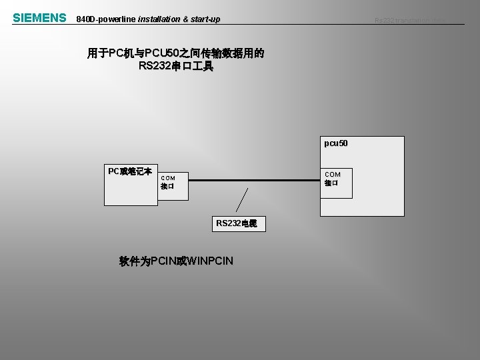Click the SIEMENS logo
39,18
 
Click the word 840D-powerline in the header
107,19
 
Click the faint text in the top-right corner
409,21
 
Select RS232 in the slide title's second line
155,66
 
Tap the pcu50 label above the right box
335,143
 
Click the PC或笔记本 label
130,171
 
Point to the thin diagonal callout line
243,200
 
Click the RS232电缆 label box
241,223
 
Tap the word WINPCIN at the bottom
211,260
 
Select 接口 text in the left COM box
167,187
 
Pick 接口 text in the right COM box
331,183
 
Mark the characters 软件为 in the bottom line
135,260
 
